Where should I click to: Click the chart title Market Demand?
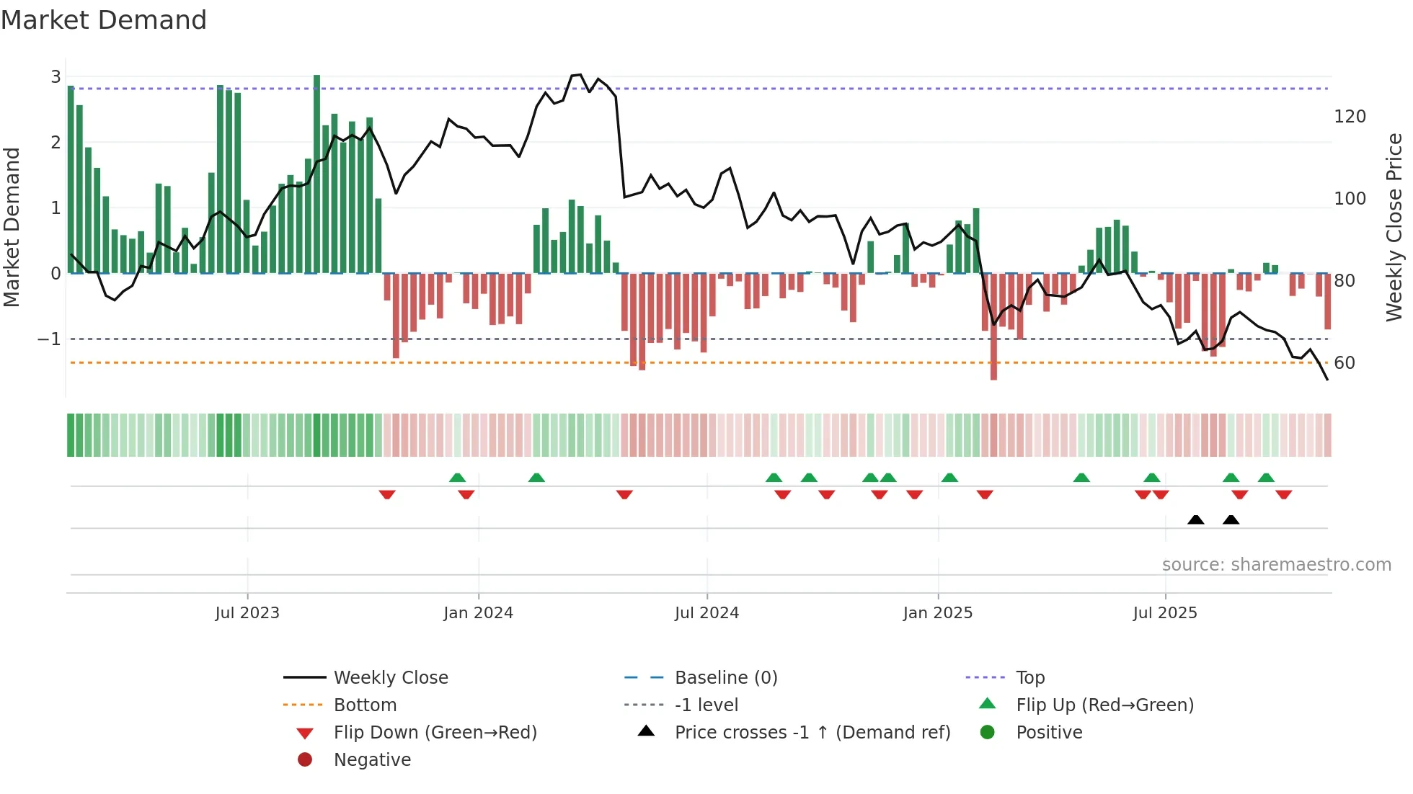pyautogui.click(x=104, y=20)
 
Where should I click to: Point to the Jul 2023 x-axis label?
pyautogui.click(x=247, y=613)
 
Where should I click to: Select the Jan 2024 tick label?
pyautogui.click(x=478, y=613)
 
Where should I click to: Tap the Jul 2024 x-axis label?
pyautogui.click(x=706, y=613)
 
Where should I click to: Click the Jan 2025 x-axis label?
pyautogui.click(x=937, y=613)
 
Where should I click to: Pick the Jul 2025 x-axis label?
pyautogui.click(x=1164, y=613)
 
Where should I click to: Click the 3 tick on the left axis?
pyautogui.click(x=56, y=77)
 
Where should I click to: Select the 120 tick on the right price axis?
pyautogui.click(x=1350, y=117)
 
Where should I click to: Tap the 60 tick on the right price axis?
pyautogui.click(x=1345, y=363)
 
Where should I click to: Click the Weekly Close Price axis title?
pyautogui.click(x=1394, y=227)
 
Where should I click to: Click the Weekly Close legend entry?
pyautogui.click(x=390, y=678)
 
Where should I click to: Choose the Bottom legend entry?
pyautogui.click(x=365, y=705)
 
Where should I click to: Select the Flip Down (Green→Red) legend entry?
pyautogui.click(x=435, y=733)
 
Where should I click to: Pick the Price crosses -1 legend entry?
pyautogui.click(x=812, y=733)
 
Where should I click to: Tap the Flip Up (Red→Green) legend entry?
pyautogui.click(x=1104, y=705)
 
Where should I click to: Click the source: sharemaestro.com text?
pyautogui.click(x=1276, y=565)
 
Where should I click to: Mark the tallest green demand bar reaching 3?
pyautogui.click(x=316, y=173)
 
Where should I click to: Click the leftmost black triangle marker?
pyautogui.click(x=1195, y=520)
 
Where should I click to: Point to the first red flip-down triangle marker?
pyautogui.click(x=387, y=494)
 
